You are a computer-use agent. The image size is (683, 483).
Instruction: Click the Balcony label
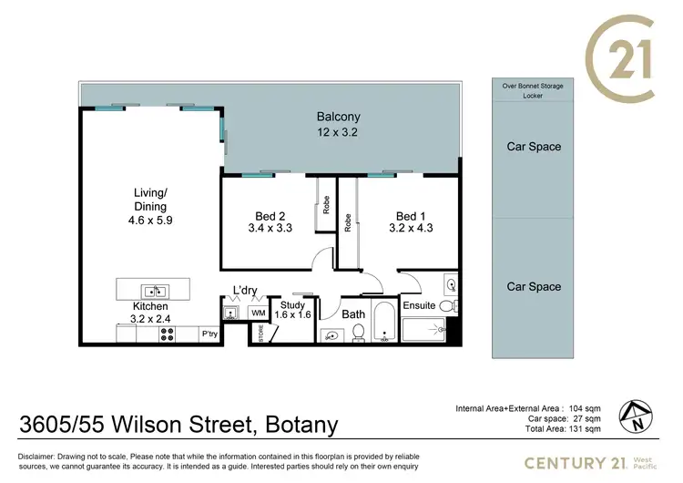[x=338, y=117]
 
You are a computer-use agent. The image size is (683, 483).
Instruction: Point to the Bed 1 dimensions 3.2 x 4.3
[x=407, y=229]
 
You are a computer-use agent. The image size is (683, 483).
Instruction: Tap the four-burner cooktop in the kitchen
[x=168, y=334]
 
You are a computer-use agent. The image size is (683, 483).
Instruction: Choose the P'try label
[x=209, y=334]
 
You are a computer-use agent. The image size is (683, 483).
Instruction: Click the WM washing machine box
[x=258, y=313]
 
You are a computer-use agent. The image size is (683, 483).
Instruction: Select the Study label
[x=292, y=305]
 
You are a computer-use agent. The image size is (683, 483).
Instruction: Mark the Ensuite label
[x=419, y=305]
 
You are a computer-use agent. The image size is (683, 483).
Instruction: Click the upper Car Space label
[x=533, y=146]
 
